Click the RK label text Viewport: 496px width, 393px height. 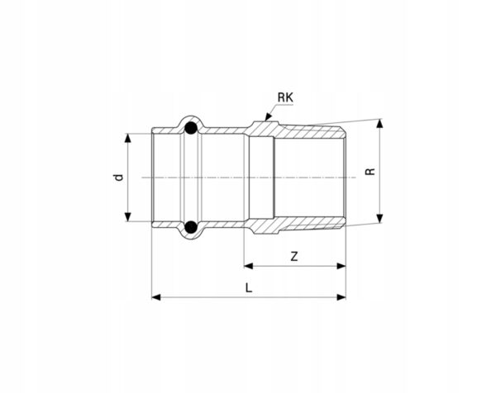[x=285, y=97]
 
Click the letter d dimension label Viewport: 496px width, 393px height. [x=118, y=178]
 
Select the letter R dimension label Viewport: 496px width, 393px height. [x=370, y=171]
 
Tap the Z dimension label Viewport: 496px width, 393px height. [x=294, y=256]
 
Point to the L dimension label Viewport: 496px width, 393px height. [x=249, y=288]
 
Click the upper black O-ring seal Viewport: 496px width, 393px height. [x=191, y=128]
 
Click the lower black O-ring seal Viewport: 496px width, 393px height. [x=191, y=227]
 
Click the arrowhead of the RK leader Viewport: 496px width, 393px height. [x=268, y=117]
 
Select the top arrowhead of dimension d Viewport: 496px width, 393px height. [x=127, y=138]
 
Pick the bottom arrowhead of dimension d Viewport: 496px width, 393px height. [x=127, y=216]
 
